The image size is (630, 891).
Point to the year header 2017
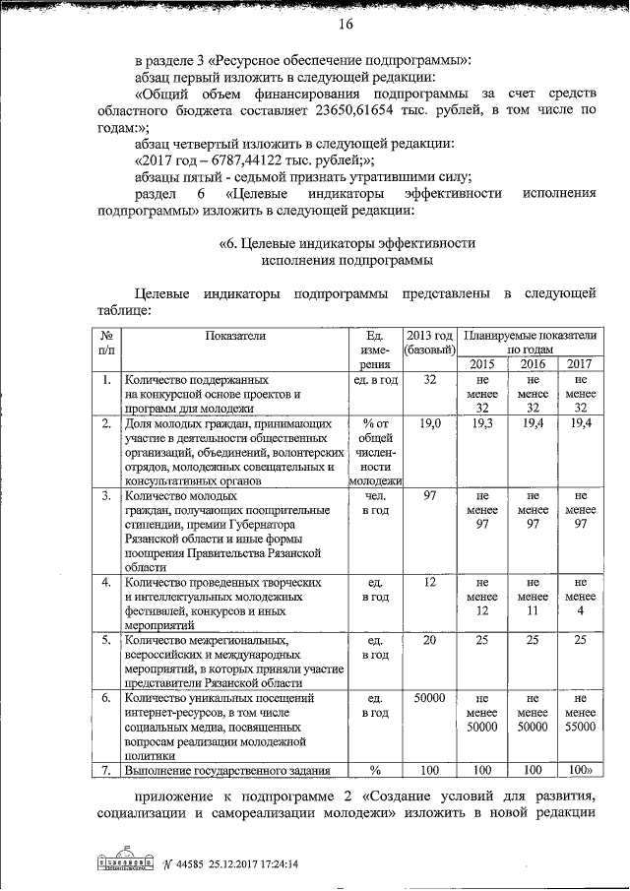[x=582, y=364]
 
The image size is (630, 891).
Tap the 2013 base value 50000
[x=429, y=698]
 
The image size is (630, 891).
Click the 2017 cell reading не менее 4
[x=582, y=597]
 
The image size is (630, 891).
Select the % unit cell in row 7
[x=374, y=770]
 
